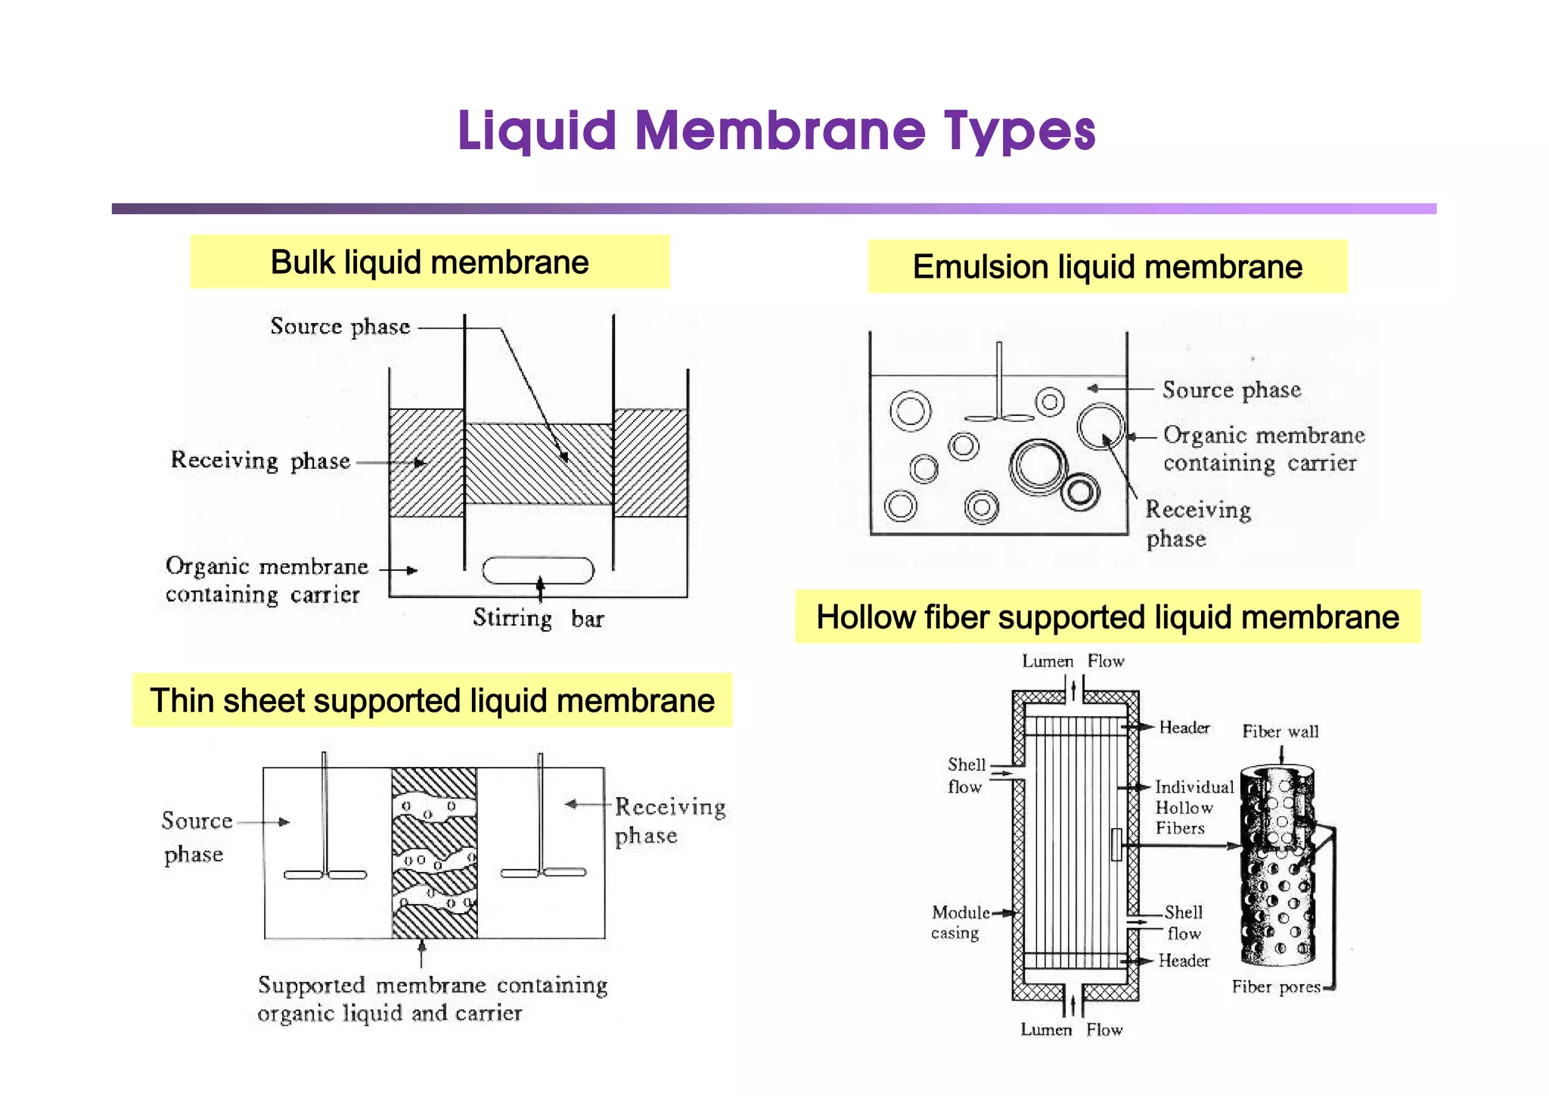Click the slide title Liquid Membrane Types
pyautogui.click(x=776, y=131)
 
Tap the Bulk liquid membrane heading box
pyautogui.click(x=430, y=262)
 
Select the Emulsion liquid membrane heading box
pyautogui.click(x=1107, y=267)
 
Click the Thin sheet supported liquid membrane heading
pyautogui.click(x=432, y=700)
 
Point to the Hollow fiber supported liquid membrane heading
pyautogui.click(x=1107, y=617)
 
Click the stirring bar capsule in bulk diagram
pyautogui.click(x=538, y=570)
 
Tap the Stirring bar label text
pyautogui.click(x=538, y=619)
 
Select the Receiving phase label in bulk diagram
pyautogui.click(x=260, y=460)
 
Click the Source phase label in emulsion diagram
pyautogui.click(x=1231, y=390)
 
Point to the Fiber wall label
pyautogui.click(x=1280, y=731)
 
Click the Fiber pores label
pyautogui.click(x=1275, y=986)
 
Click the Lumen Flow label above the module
pyautogui.click(x=1073, y=661)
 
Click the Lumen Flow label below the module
pyautogui.click(x=1071, y=1029)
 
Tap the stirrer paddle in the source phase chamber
pyautogui.click(x=325, y=874)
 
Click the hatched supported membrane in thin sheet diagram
pyautogui.click(x=434, y=852)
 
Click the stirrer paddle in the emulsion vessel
pyautogui.click(x=999, y=417)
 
